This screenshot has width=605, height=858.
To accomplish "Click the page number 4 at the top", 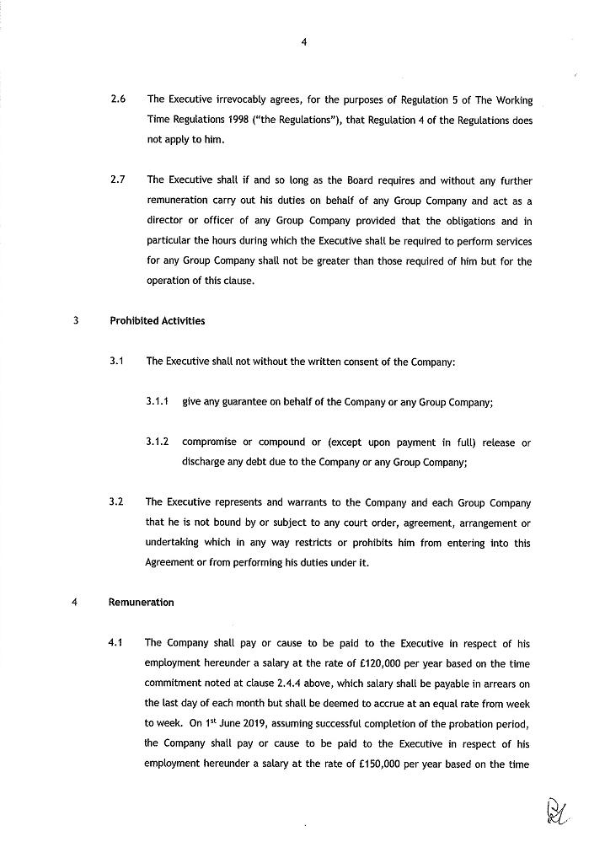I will click(302, 46).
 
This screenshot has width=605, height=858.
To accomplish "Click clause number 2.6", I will click(118, 100).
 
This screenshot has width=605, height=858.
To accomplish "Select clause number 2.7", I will click(118, 180).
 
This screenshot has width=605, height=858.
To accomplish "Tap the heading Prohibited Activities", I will click(158, 321).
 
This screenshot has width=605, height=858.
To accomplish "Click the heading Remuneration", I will click(142, 603).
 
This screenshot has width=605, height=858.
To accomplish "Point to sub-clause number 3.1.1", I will click(158, 402).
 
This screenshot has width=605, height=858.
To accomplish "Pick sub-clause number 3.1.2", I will click(158, 442).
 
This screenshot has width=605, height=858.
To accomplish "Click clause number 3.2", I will click(117, 502).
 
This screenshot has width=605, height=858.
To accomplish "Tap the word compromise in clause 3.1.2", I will click(214, 442).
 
